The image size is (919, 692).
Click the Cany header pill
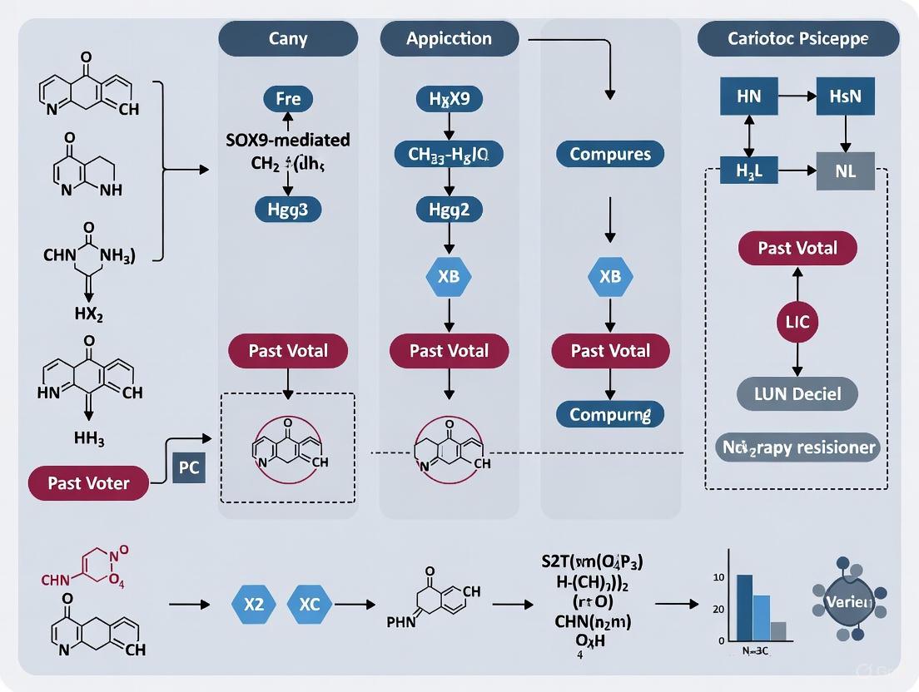pos(288,38)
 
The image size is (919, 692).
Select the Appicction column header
pos(450,38)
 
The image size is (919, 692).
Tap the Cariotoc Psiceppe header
pos(798,38)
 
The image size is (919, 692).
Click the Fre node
pos(288,99)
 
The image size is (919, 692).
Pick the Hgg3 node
pos(287,210)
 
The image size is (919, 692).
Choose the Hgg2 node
pos(450,210)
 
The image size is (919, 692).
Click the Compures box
pos(610,154)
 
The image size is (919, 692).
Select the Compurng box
pos(610,413)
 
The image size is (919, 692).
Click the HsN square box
pos(846,96)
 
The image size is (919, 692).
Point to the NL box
pos(846,171)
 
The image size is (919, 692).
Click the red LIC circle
pos(797,322)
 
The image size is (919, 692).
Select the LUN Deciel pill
pos(797,393)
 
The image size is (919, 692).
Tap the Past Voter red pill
pos(88,483)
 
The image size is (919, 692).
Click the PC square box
pos(189,467)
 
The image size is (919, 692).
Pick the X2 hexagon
pos(254,605)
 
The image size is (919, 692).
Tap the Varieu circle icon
pos(849,601)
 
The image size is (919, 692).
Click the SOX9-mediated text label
pos(288,140)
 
